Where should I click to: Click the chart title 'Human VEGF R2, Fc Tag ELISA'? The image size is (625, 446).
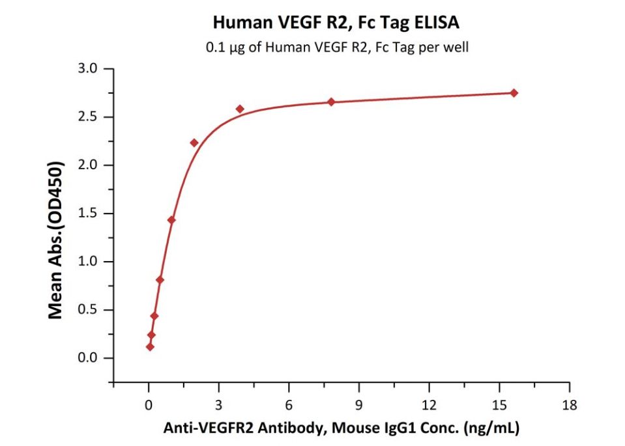tap(336, 23)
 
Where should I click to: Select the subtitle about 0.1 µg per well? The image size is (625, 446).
tap(336, 47)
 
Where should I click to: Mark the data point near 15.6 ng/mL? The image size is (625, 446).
tap(514, 93)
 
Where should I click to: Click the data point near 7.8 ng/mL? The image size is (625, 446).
tap(331, 102)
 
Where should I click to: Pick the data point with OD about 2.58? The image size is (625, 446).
tap(240, 109)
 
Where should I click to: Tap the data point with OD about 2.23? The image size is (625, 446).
tap(194, 143)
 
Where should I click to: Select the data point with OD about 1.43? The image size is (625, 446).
tap(171, 220)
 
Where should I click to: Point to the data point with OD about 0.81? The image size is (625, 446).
tap(160, 280)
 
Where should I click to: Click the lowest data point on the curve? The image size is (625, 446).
tap(151, 347)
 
